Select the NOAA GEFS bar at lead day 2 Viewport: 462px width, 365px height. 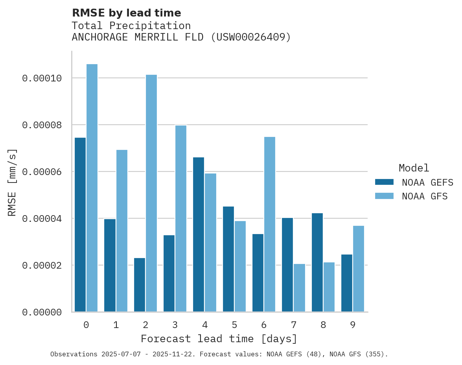pyautogui.click(x=140, y=285)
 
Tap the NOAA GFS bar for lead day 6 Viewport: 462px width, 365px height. pyautogui.click(x=270, y=224)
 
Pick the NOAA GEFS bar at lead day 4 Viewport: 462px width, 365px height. pyautogui.click(x=199, y=234)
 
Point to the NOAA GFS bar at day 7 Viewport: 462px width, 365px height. pyautogui.click(x=299, y=288)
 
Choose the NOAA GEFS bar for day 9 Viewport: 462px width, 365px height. pyautogui.click(x=347, y=283)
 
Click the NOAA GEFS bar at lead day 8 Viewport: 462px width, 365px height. pyautogui.click(x=317, y=262)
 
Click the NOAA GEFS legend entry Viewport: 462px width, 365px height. pyautogui.click(x=411, y=182)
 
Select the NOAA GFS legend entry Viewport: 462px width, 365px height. pyautogui.click(x=411, y=196)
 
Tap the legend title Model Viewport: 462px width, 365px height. pyautogui.click(x=414, y=168)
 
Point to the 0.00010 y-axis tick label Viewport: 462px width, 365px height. pyautogui.click(x=42, y=78)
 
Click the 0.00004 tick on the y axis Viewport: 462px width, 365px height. pyautogui.click(x=42, y=219)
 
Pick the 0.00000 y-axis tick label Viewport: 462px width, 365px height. pyautogui.click(x=42, y=312)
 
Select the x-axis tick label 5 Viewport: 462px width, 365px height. pyautogui.click(x=234, y=325)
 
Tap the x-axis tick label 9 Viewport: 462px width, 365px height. pyautogui.click(x=353, y=325)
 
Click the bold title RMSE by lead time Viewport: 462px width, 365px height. pyautogui.click(x=126, y=13)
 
